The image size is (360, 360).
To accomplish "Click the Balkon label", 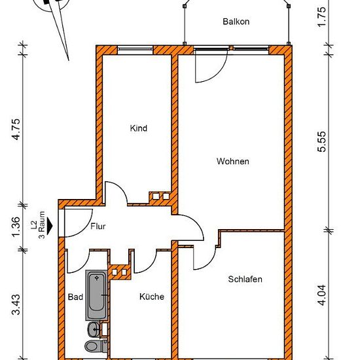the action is point(236,22).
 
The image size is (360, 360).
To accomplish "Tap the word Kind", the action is point(139,128).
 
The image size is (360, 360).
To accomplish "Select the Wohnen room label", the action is point(233,161).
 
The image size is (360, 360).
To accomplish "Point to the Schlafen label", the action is point(245,279).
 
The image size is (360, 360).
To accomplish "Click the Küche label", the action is point(152,297).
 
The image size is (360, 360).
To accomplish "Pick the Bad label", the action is point(75,297).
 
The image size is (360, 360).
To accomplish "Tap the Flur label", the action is point(98,226).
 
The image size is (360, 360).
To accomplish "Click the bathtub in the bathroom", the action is point(97,295).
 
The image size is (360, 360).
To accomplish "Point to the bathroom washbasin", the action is point(94,329).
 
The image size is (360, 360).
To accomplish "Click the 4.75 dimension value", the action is point(17,129).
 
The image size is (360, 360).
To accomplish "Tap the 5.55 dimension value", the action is point(322,141).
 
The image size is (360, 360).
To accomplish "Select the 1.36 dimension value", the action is point(17,227).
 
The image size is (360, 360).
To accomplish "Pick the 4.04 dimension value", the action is point(322,295).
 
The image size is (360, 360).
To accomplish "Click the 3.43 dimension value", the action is point(17,304).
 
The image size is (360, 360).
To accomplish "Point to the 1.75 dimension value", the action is point(322,16).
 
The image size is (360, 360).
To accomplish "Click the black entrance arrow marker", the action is point(50,226).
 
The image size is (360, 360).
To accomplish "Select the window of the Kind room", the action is point(135,49).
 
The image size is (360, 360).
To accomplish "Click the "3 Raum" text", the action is point(43,225).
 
